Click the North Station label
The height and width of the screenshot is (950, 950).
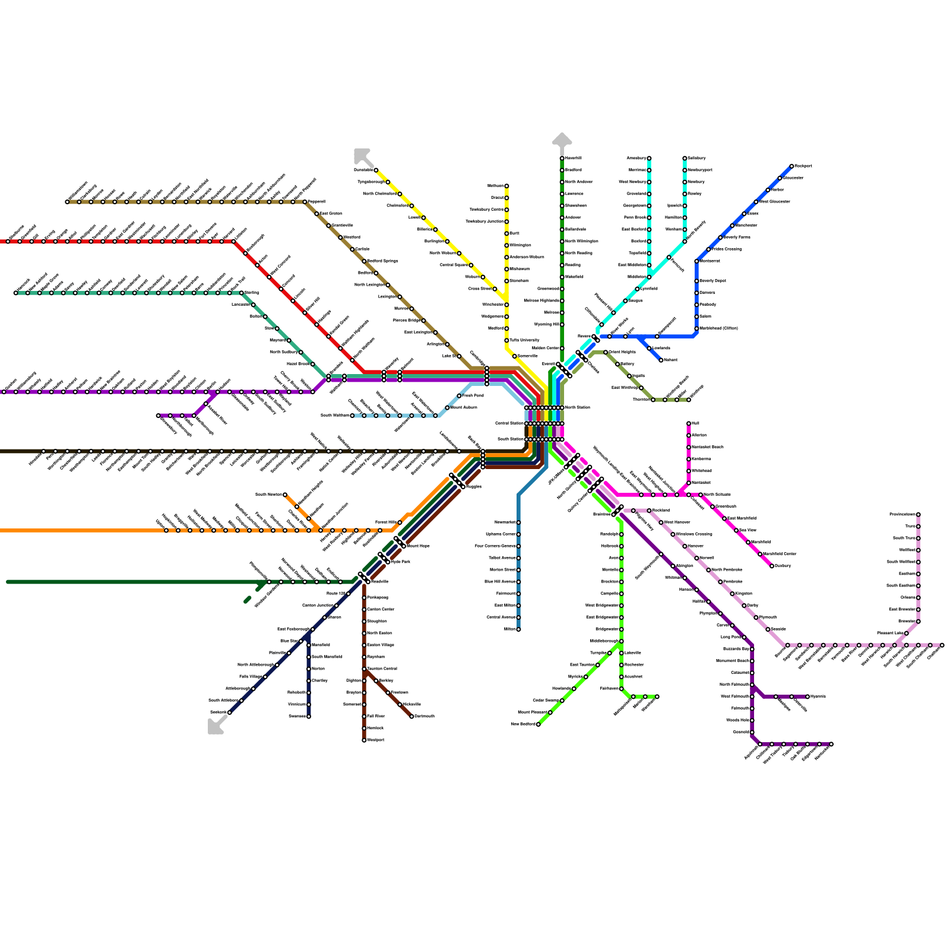coord(577,407)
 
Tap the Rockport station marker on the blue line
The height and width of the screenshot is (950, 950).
coord(791,166)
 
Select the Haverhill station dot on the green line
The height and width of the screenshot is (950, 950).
coord(562,158)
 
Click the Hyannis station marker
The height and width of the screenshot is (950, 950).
coord(807,696)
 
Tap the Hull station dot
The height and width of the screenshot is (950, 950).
coord(689,423)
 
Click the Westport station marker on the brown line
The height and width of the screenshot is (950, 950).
coord(364,740)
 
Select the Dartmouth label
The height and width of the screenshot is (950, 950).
coord(425,716)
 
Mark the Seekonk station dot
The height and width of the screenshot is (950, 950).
coord(229,712)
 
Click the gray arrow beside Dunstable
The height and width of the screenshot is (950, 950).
coord(362,156)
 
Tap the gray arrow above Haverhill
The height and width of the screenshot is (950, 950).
coord(562,140)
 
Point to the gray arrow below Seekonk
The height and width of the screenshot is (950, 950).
coord(216,726)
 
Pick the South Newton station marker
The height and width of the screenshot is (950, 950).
coord(285,495)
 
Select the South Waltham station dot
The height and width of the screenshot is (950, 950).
coord(352,416)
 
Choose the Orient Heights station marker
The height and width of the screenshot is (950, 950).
coord(606,352)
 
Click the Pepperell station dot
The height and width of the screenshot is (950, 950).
coord(305,202)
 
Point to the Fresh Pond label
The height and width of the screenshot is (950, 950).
coord(473,395)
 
